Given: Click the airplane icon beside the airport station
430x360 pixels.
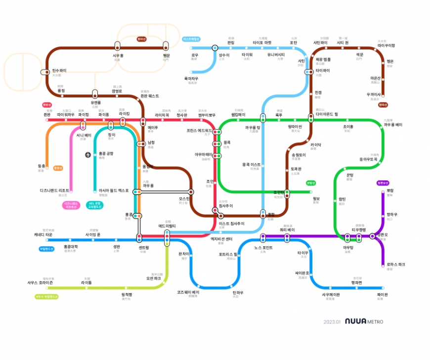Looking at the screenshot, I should point(88,155).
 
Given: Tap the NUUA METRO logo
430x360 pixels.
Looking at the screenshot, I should point(364,321).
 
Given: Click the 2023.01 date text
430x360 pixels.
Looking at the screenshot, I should point(332,322).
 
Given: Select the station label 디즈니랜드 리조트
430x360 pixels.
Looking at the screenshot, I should point(54,190).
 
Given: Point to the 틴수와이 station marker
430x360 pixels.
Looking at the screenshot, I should point(45,72).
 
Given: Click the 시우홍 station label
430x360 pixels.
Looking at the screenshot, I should point(117,55).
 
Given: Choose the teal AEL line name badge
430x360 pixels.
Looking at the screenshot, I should point(94,205).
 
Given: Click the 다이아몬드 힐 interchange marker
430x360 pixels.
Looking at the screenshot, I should point(311,118).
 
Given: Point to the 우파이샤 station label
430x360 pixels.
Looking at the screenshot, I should point(374,94).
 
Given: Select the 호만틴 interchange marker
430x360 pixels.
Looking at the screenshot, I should point(287,192).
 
